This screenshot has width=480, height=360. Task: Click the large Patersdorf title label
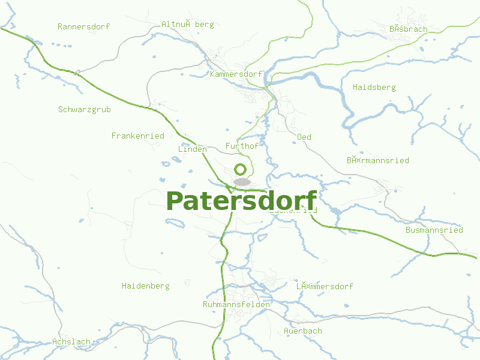coord(241,201)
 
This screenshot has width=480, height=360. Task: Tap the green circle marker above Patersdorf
coord(241,169)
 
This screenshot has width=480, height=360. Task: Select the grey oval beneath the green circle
coord(242,181)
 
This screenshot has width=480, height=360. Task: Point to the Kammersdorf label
coord(236,74)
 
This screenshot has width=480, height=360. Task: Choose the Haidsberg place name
coord(374,87)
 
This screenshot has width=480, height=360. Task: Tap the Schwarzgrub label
coord(85,109)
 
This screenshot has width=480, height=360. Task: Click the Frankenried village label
coord(137,136)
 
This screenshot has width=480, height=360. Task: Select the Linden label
coord(192,149)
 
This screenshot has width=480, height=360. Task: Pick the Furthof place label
coord(242,146)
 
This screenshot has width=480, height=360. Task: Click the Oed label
coord(304,137)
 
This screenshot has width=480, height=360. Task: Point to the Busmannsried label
coord(434,230)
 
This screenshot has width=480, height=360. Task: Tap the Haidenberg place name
coord(145,286)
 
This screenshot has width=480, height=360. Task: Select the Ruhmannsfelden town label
coord(236,304)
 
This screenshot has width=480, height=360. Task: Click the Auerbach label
coord(303,331)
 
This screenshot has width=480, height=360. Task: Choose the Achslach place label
coord(71,341)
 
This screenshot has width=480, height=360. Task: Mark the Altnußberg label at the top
coord(187,25)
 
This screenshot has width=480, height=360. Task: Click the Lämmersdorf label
coord(325,286)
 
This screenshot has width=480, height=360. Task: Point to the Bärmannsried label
coord(377,160)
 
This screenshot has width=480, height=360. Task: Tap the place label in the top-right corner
coord(408,28)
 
